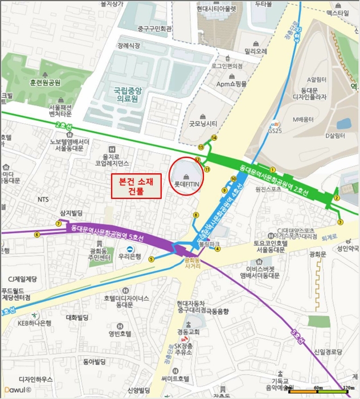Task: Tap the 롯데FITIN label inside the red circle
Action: [x=186, y=184]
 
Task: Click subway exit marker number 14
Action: [x=214, y=138]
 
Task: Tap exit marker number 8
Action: [x=196, y=215]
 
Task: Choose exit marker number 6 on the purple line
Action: [x=37, y=234]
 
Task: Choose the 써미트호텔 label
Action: [x=174, y=378]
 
